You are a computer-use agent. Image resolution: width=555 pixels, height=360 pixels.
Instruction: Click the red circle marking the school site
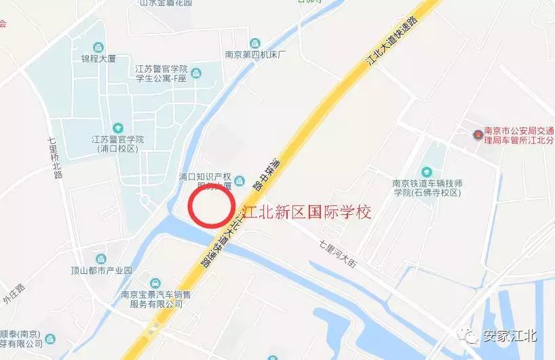[211, 206]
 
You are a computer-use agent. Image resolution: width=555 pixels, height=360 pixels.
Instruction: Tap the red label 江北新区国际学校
[307, 212]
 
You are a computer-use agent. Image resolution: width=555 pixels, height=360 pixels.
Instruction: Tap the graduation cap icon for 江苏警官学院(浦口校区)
[118, 127]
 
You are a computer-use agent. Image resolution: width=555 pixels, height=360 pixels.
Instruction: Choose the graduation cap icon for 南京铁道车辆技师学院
[427, 171]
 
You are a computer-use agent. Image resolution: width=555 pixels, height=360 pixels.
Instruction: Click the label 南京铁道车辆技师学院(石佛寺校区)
[427, 188]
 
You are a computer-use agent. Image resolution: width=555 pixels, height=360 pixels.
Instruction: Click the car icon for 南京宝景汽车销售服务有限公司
[155, 283]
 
